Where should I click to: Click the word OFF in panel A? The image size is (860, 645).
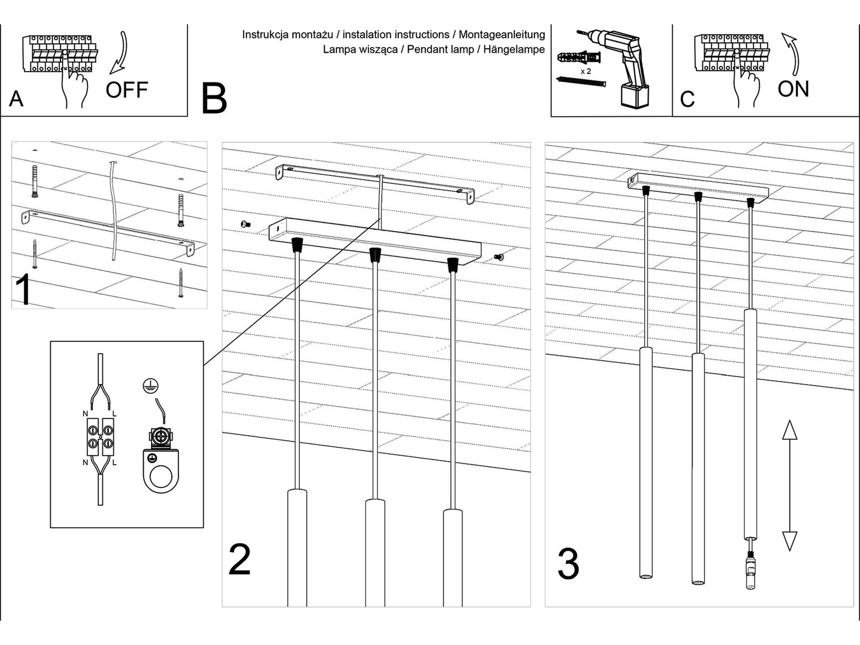click(x=127, y=90)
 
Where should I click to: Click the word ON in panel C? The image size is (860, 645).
click(x=793, y=89)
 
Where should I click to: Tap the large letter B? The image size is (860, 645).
click(x=214, y=99)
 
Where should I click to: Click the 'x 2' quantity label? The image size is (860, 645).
click(x=586, y=71)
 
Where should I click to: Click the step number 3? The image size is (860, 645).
click(x=568, y=563)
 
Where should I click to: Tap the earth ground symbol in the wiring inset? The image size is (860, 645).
click(x=150, y=386)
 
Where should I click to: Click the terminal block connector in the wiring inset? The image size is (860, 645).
click(x=100, y=436)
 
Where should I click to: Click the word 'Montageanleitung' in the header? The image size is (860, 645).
click(x=502, y=34)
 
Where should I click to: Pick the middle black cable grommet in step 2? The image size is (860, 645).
click(x=375, y=255)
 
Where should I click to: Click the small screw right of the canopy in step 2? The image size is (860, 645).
click(x=499, y=257)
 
